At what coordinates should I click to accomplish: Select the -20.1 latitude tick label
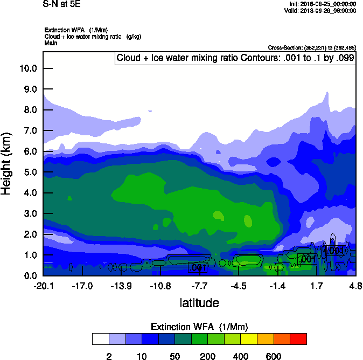43,286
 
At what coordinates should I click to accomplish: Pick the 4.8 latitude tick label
355,286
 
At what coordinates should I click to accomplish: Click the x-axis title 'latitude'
199,303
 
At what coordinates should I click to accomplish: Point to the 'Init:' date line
322,4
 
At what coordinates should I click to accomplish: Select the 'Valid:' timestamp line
321,10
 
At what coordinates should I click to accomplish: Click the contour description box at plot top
235,58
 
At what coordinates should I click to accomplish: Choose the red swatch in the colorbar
298,339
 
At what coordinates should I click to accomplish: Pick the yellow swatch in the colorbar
249,339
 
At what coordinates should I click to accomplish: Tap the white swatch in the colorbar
100,339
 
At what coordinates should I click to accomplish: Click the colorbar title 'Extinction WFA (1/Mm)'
199,327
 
